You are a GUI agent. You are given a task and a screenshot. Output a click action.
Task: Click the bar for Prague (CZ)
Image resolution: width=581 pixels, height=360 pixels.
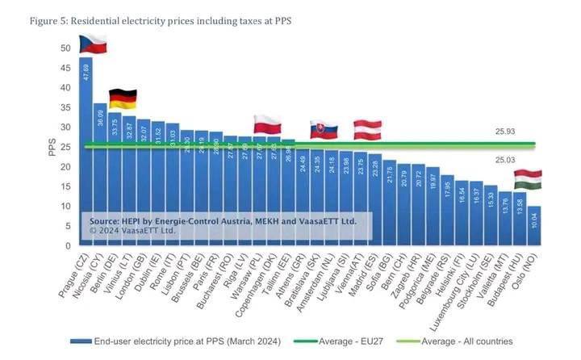click(86, 153)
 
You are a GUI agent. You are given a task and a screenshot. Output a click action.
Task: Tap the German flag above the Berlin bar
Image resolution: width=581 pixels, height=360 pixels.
click(122, 98)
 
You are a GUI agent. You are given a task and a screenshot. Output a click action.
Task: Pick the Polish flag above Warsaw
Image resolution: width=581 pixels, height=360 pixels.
click(266, 123)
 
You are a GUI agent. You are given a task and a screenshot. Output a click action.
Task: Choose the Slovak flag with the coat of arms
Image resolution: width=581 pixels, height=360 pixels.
click(324, 129)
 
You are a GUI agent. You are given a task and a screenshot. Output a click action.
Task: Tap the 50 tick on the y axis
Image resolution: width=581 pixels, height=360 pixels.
click(65, 48)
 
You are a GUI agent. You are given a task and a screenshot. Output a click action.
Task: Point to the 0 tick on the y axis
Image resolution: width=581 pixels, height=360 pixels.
click(68, 245)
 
